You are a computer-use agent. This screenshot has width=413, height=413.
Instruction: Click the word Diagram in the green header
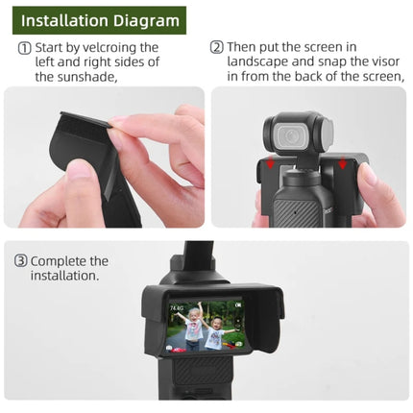pos(149,20)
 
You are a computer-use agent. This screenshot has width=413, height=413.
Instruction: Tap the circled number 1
pos(22,47)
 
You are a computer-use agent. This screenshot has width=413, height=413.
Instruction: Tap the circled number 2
pos(217,47)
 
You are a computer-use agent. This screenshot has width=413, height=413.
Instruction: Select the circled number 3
pos(19,260)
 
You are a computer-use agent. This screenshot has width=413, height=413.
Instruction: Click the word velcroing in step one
pos(130,47)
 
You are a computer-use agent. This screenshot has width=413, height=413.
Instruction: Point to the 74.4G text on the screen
pos(178,309)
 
